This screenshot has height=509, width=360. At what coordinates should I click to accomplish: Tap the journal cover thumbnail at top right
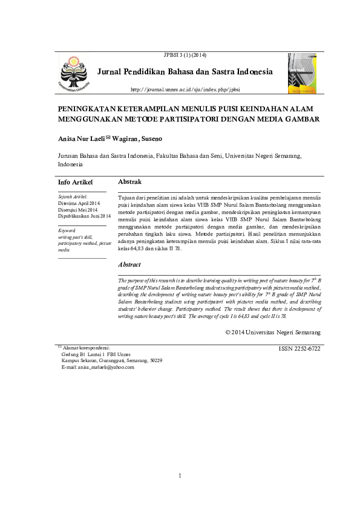point(302,73)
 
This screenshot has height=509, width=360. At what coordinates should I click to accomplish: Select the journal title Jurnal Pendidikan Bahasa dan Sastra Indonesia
point(185,72)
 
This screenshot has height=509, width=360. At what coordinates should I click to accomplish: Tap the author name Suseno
point(151,139)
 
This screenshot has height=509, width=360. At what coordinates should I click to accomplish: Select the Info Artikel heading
point(75,182)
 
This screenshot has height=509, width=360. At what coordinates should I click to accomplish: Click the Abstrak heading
point(129,181)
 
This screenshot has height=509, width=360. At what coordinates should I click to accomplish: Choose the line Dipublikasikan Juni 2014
point(84,216)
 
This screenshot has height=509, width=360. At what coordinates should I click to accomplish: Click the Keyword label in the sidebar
point(67,231)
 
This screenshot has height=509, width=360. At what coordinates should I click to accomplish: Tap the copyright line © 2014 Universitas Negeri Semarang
point(272,332)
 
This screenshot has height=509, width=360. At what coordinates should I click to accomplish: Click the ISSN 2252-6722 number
point(299,349)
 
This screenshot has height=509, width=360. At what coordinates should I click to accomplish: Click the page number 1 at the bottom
point(180,476)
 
